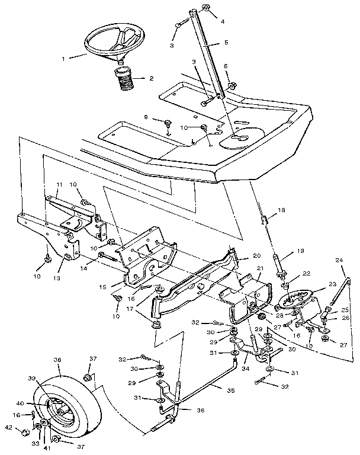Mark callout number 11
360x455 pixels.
58,185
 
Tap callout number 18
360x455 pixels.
282,210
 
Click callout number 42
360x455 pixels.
8,427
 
